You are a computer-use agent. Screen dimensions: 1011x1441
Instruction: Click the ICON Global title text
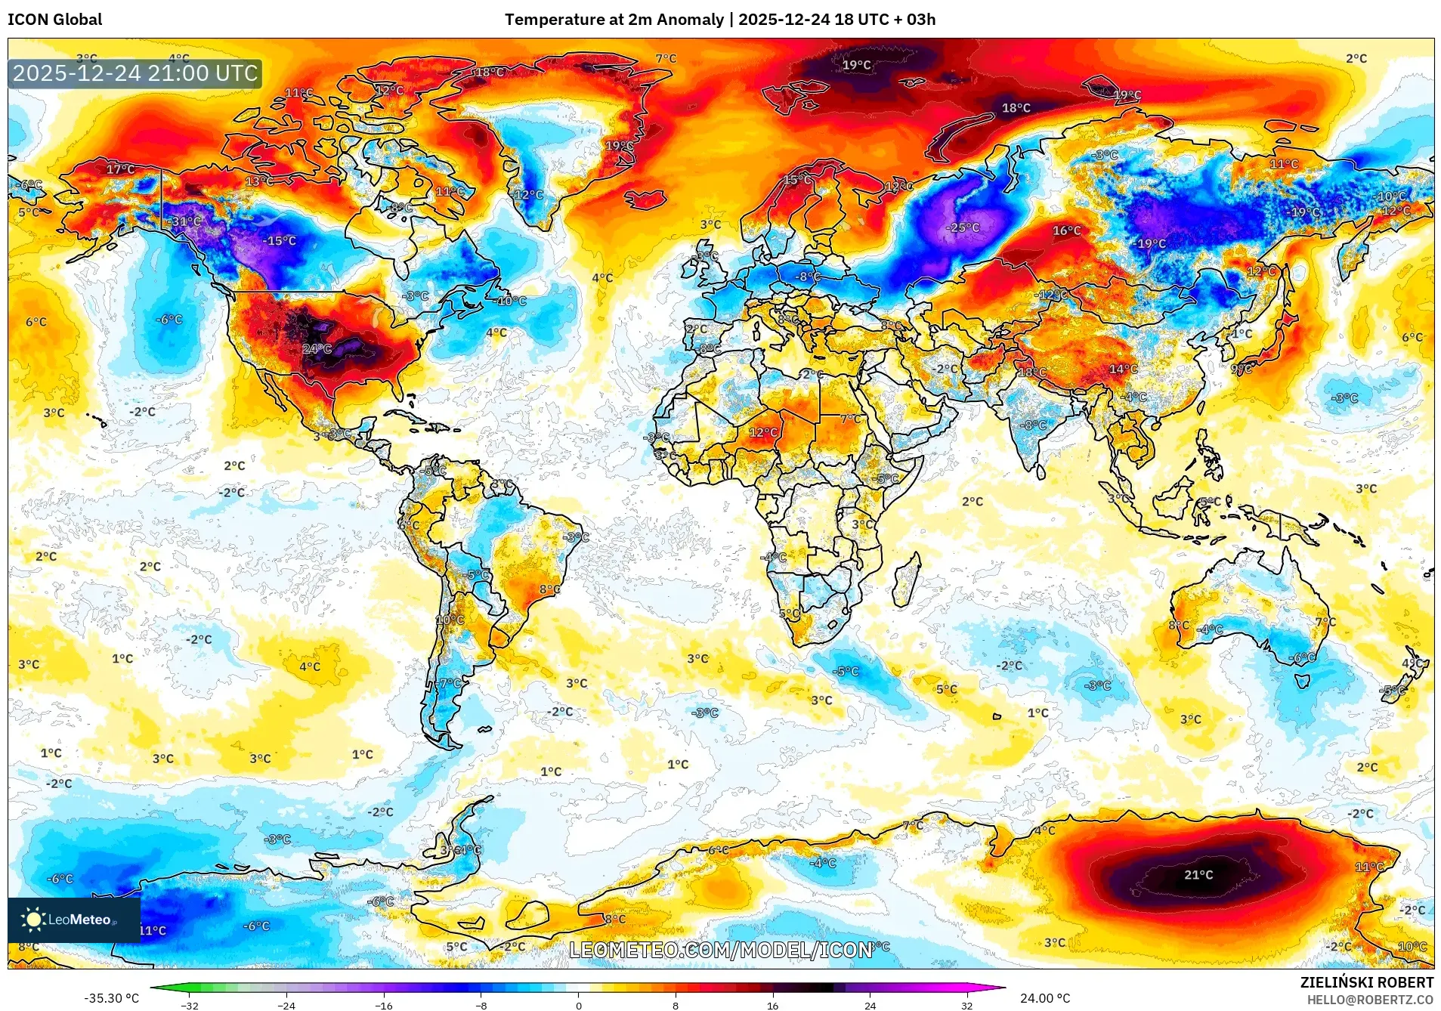55,20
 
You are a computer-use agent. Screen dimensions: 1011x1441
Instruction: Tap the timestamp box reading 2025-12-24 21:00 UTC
135,73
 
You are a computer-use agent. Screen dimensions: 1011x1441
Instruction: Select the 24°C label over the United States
317,348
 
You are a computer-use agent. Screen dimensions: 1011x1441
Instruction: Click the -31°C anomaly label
186,221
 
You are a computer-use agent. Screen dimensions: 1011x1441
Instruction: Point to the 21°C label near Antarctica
1198,875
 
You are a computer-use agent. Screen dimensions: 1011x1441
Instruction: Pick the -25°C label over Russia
963,227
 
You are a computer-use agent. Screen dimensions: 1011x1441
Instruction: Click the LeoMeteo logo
73,920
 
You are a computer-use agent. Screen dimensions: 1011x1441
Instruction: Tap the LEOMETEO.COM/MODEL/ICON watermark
720,950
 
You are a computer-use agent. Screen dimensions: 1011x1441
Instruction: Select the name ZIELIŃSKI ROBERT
1366,982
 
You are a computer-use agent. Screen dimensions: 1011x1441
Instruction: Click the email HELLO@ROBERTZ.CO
1370,1000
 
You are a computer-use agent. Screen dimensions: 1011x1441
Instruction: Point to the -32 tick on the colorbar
190,1005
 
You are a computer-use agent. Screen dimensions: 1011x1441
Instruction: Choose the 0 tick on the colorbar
579,1005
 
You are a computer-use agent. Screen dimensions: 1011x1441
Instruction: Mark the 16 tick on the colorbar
772,1005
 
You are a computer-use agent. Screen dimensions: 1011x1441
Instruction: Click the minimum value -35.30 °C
112,998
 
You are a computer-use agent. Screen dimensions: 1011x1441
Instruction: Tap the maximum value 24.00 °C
1045,998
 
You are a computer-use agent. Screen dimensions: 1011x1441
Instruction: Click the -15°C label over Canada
280,241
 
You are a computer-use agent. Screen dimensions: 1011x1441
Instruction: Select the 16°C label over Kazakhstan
1067,230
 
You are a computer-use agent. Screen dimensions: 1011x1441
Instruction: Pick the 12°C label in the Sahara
763,433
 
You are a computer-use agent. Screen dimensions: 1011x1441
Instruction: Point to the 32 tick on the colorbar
967,1005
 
